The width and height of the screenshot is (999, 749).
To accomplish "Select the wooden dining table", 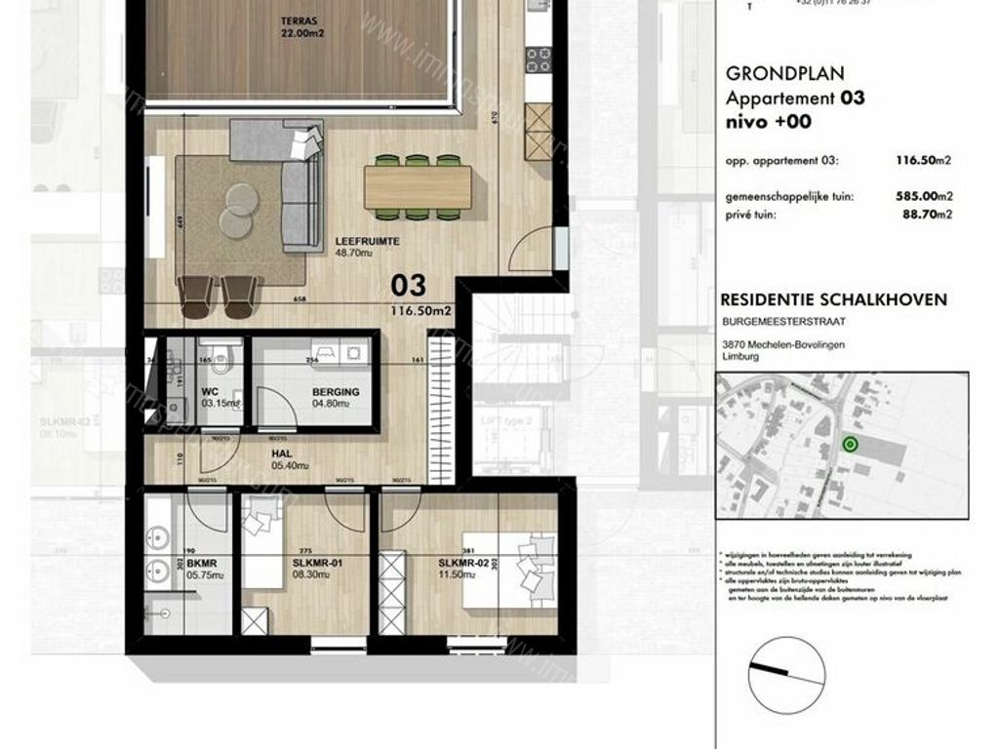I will [418, 185].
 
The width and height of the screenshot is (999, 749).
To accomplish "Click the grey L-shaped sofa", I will [293, 185].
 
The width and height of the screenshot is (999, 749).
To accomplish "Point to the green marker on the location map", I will [849, 446].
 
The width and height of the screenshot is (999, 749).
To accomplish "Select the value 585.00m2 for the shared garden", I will [922, 197].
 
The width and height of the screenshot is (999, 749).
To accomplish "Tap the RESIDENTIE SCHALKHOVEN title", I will [832, 299].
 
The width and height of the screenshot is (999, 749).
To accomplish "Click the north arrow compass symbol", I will [780, 672].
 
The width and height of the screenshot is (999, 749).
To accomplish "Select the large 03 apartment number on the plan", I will [409, 285].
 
